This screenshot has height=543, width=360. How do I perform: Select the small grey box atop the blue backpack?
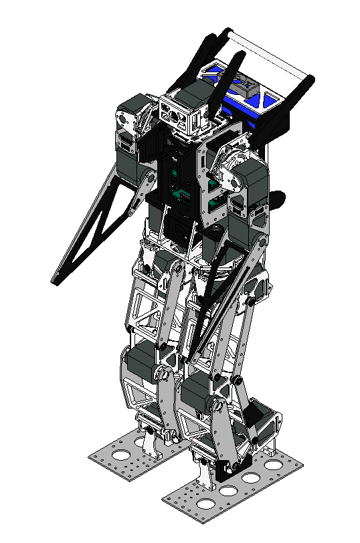coord(244,85)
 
